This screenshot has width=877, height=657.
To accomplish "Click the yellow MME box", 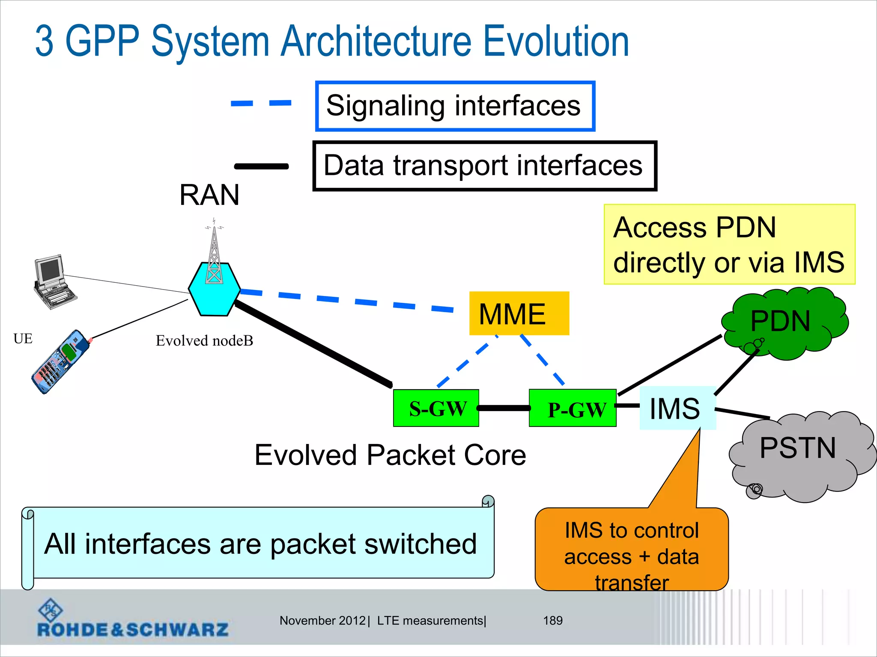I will point(519,314).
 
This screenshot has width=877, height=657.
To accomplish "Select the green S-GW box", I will point(436,408).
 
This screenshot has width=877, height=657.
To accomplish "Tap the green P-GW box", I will point(573,408).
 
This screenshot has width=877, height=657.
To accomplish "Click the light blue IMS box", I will point(677,408).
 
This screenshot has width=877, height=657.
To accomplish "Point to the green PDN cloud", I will point(784,323).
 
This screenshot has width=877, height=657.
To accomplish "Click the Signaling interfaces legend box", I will point(455,106).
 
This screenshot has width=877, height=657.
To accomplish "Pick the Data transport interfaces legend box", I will point(484,166).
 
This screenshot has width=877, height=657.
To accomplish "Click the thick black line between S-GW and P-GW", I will point(504,408).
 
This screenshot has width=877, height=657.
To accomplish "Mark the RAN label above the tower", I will point(209,195).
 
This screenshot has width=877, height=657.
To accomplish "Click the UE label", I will point(23,339).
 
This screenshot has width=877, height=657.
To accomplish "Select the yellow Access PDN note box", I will point(729,244).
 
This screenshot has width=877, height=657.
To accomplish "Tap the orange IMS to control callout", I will point(631,552).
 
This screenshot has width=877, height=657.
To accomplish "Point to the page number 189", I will point(552,620).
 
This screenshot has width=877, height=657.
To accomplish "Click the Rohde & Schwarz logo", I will point(133,620).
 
